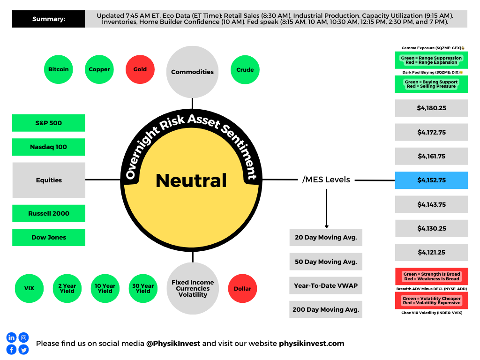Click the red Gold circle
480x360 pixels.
[140, 69]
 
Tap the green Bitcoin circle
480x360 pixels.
[59, 69]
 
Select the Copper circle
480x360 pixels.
[99, 69]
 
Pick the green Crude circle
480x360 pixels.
[245, 69]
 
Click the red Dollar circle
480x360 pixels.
[242, 288]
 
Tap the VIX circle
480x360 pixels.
[29, 288]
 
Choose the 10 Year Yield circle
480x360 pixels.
[105, 288]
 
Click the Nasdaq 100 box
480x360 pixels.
[48, 147]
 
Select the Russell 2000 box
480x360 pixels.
[49, 213]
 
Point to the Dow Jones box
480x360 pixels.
[49, 237]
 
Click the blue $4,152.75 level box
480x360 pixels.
[431, 180]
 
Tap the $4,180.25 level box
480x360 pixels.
[431, 108]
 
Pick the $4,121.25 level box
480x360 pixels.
[431, 252]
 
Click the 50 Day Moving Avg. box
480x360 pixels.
[326, 262]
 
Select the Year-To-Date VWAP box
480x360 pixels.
[326, 285]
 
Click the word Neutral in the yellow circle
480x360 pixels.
[191, 180]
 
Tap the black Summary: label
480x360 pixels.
[48, 19]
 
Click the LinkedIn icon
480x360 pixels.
[11, 337]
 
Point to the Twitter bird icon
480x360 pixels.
[23, 350]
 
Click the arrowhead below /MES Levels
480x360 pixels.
[327, 226]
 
